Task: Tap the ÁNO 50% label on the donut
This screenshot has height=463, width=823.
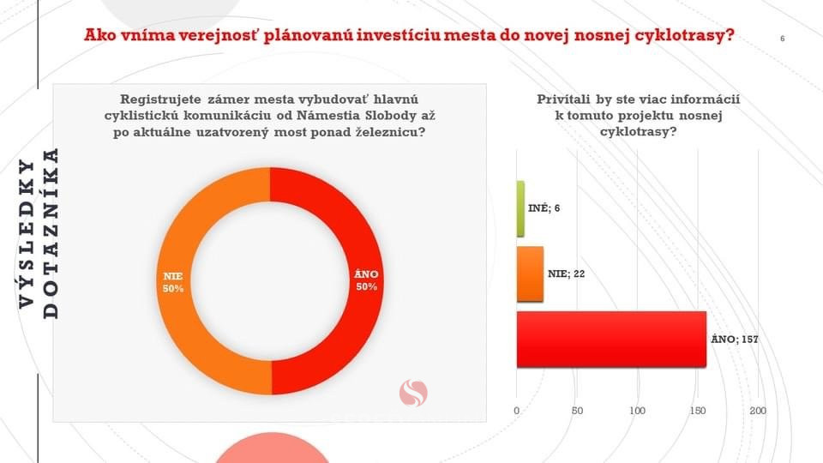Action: (x=366, y=280)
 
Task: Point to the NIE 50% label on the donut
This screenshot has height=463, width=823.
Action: (x=173, y=282)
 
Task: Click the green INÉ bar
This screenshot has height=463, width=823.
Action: (x=520, y=208)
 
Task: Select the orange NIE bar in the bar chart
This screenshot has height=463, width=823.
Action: (x=530, y=274)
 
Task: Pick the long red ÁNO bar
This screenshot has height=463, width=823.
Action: (x=611, y=340)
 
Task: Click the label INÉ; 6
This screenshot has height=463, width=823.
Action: (x=544, y=208)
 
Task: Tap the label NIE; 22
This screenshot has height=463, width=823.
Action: (x=567, y=274)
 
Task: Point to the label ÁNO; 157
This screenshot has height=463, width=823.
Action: (x=735, y=340)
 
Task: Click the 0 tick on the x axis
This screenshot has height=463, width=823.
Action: (x=516, y=411)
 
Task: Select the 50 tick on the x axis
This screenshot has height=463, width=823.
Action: (x=577, y=411)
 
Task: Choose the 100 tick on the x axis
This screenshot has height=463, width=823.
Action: (x=637, y=411)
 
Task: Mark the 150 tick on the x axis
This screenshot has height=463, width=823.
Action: (x=698, y=411)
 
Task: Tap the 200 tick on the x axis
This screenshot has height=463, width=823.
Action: (x=758, y=411)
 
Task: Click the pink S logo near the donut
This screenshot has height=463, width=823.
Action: (x=413, y=394)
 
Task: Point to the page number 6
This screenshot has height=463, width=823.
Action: (x=782, y=39)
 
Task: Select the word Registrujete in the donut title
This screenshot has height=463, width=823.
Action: (x=160, y=99)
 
